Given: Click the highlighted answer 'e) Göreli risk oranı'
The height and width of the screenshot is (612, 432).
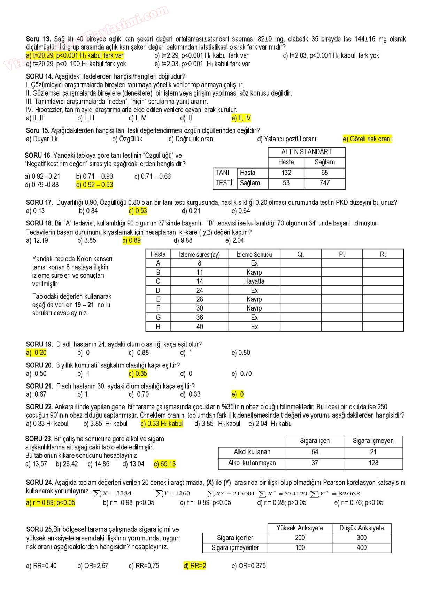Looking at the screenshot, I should pyautogui.click(x=367, y=139).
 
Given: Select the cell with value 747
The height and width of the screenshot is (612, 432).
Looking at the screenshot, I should pyautogui.click(x=324, y=183).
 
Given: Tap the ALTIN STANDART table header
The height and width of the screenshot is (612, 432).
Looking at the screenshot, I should pyautogui.click(x=306, y=152).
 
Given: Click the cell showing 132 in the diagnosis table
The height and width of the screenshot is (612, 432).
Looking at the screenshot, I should pyautogui.click(x=286, y=173).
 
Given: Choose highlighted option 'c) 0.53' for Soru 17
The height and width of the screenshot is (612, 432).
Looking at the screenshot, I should pyautogui.click(x=138, y=211).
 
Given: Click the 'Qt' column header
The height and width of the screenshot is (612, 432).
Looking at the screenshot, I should pyautogui.click(x=301, y=254).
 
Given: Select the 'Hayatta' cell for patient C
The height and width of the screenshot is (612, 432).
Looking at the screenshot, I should pyautogui.click(x=254, y=281).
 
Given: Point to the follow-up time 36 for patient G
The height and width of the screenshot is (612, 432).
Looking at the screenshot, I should pyautogui.click(x=200, y=318).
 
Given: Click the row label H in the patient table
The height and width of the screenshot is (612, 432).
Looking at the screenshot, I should pyautogui.click(x=158, y=327).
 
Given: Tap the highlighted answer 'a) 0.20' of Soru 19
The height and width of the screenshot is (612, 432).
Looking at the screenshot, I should pyautogui.click(x=36, y=353).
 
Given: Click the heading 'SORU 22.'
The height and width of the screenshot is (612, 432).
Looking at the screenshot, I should pyautogui.click(x=39, y=407).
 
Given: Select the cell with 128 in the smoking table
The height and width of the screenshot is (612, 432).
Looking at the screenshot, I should pyautogui.click(x=373, y=463).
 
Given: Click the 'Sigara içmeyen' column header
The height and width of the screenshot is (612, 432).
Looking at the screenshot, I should pyautogui.click(x=373, y=441).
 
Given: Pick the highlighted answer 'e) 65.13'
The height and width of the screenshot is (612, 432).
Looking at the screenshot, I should pyautogui.click(x=165, y=464).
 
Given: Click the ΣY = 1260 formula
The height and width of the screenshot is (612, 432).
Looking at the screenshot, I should pyautogui.click(x=173, y=493).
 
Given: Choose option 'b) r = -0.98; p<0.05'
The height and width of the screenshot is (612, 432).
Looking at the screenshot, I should pyautogui.click(x=129, y=503).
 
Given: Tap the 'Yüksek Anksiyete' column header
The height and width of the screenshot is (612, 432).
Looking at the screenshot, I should pyautogui.click(x=300, y=528).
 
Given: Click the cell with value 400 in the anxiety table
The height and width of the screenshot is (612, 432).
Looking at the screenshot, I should pyautogui.click(x=361, y=548).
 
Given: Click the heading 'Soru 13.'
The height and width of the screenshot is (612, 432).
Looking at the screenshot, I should pyautogui.click(x=38, y=39).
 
